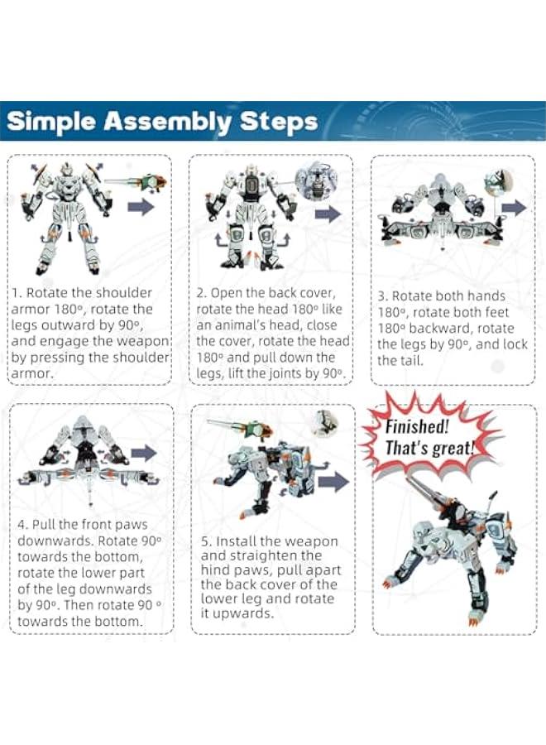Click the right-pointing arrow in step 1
coord(141,207)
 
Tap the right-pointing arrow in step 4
coord(143,453)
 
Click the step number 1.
coord(15,293)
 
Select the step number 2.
coord(200,293)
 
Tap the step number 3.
coord(381,296)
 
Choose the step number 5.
coord(204,541)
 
